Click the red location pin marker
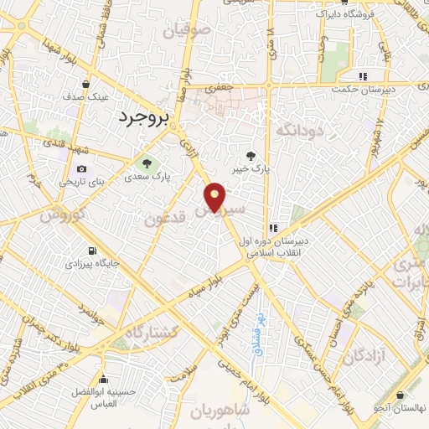point(215,196)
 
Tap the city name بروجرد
point(144,117)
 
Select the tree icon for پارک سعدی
point(147,163)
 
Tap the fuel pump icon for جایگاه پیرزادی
point(91,250)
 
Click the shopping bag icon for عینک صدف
point(87,84)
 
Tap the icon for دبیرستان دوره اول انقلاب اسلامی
point(272,228)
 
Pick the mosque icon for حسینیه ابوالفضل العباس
point(103,378)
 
